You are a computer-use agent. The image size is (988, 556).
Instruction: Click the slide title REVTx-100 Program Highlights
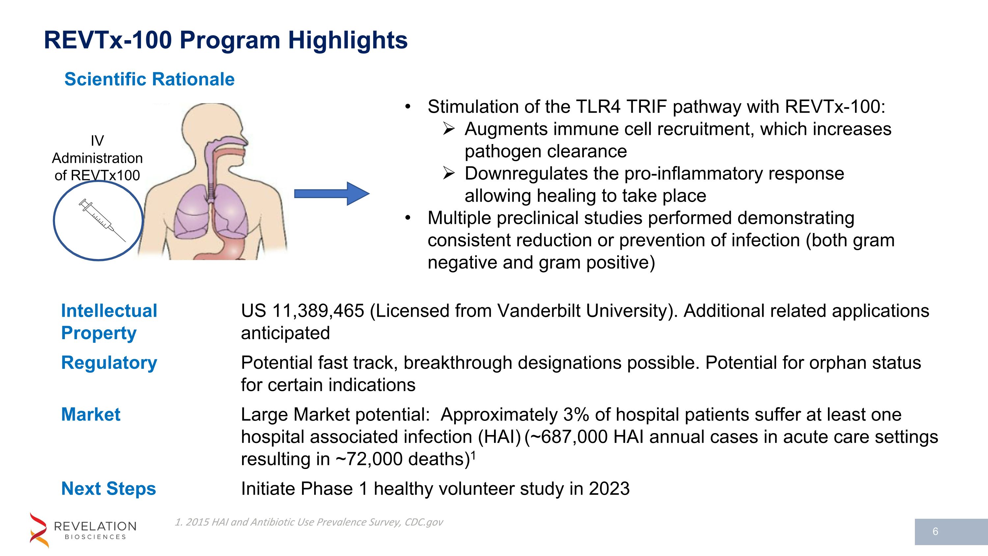(226, 40)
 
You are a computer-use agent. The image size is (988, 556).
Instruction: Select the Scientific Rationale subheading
(149, 79)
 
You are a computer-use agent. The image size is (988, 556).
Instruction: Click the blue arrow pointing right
(331, 194)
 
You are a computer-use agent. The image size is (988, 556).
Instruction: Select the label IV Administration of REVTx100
(97, 158)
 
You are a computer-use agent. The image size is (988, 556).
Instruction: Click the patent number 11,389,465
(318, 311)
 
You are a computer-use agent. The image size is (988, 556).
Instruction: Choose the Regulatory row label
(109, 363)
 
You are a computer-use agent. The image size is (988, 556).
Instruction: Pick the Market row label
(91, 414)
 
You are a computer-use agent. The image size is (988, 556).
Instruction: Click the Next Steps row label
(109, 488)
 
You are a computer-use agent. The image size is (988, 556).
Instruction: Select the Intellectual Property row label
(109, 322)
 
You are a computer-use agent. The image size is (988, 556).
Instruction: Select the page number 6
(935, 531)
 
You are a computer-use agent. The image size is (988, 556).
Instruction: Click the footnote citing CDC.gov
(309, 522)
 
